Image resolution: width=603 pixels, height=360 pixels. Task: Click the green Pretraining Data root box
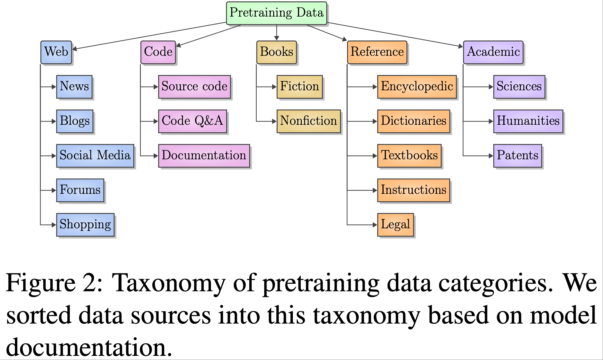pos(276,13)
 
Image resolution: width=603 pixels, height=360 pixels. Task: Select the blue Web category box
pos(56,52)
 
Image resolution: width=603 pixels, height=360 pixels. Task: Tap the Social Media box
pos(95,156)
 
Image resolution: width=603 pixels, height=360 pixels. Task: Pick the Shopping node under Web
pos(85,224)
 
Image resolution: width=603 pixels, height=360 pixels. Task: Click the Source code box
pos(194,87)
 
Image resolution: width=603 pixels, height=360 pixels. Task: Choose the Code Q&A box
pos(192,121)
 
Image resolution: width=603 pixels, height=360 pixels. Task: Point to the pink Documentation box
pos(204,156)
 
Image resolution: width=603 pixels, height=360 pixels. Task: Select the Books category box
pos(276,52)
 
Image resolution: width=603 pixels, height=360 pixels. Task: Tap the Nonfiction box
pos(308,121)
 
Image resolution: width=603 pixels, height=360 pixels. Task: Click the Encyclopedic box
pos(417,87)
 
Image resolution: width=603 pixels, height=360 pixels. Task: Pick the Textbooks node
pos(409,156)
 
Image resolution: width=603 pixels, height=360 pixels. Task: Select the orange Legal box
pos(395,224)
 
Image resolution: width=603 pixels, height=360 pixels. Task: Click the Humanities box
pos(528,121)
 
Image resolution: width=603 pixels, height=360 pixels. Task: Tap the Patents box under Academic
pos(517,156)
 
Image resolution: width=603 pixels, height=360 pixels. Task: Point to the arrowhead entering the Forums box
pos(54,190)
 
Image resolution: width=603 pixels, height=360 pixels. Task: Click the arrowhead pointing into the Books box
pos(276,38)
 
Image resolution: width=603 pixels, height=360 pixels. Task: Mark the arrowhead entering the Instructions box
pos(375,190)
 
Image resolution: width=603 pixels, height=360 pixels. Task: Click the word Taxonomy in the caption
pos(168,283)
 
